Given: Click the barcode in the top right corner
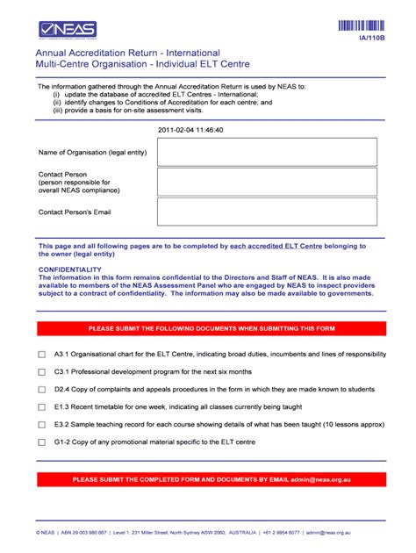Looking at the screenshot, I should click(361, 25).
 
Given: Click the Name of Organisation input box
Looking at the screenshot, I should click(267, 152).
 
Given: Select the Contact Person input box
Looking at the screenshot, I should click(267, 182).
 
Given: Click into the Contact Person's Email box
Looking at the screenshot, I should click(267, 212).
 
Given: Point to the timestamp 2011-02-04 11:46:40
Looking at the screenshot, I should click(190, 130).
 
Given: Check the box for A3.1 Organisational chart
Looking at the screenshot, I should click(41, 355).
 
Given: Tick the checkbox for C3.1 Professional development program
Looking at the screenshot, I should click(41, 372).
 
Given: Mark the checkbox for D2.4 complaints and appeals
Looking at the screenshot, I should click(41, 390).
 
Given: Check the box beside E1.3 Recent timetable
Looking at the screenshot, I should click(41, 407).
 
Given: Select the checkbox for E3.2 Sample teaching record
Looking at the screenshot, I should click(41, 425).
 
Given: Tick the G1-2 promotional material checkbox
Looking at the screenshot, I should click(41, 442).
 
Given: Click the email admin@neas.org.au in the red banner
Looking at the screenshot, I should click(322, 480).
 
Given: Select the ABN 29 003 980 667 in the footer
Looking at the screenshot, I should click(83, 532).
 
